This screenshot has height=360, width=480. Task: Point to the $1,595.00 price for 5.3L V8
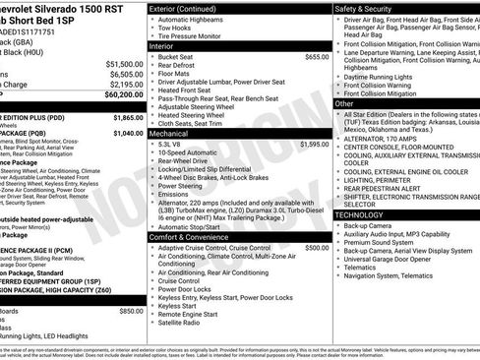tap(312, 144)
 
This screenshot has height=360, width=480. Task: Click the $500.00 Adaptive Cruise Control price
tap(317, 247)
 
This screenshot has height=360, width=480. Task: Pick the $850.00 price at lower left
tap(131, 311)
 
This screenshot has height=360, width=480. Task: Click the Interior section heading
tap(166, 44)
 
